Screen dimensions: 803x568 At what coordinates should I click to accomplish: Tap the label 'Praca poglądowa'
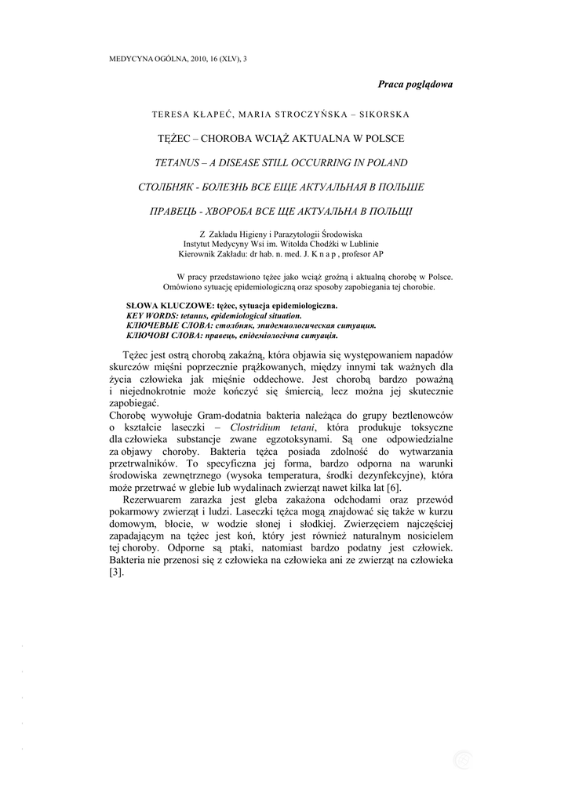pyautogui.click(x=415, y=84)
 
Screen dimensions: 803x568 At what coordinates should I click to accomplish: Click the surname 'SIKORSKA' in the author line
pyautogui.click(x=383, y=114)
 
